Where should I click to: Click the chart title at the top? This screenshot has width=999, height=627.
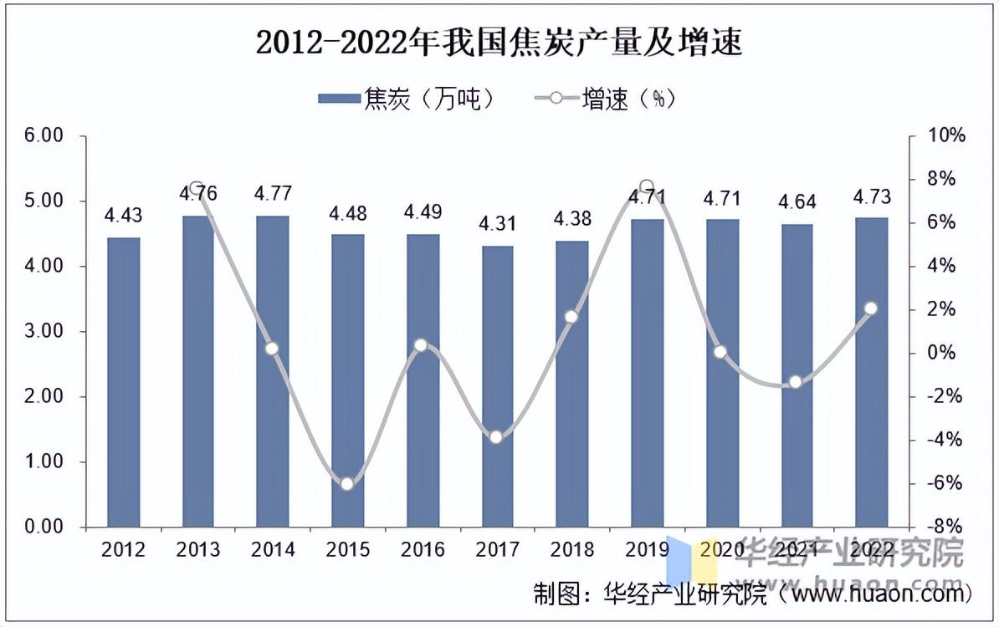coord(499,43)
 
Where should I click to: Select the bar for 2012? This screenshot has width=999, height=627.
coord(124,382)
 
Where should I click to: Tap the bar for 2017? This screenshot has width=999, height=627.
coord(497,386)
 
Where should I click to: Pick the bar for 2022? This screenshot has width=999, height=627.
coord(871,372)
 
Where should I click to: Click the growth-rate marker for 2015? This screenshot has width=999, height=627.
coord(347,483)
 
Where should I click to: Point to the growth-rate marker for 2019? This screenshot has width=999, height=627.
coord(646,186)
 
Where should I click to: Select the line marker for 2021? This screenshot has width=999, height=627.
coord(796,383)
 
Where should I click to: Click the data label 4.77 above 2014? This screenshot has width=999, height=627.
coord(273,194)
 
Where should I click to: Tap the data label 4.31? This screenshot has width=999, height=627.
coord(497,224)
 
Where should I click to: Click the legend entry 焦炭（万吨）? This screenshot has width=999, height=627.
coord(407,99)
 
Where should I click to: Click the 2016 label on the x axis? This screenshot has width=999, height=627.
coord(423,549)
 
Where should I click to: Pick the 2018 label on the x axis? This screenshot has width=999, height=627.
coord(571,549)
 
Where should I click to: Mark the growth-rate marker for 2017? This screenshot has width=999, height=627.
coord(496,436)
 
